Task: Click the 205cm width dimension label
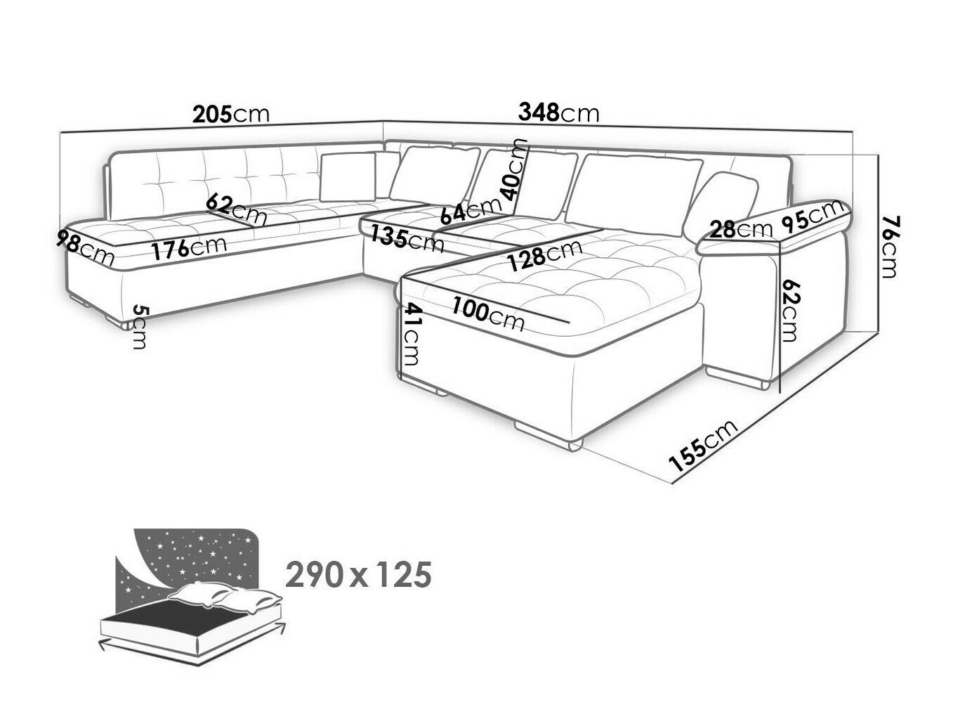click(231, 115)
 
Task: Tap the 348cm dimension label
click(558, 113)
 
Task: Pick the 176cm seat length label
click(190, 249)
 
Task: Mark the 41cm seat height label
click(410, 335)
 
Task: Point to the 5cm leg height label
click(140, 328)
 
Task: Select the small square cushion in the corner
click(348, 177)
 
